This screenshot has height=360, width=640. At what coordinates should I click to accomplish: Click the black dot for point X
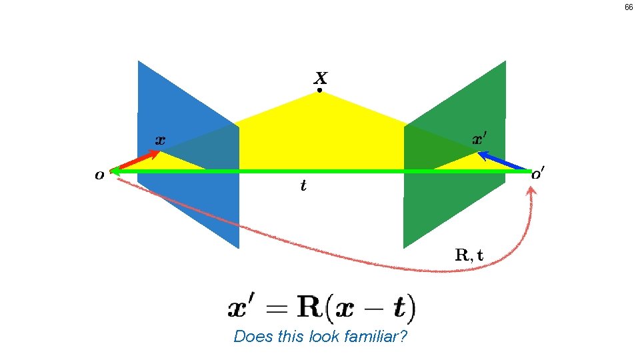319,90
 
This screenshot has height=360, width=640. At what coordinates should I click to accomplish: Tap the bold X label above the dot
320,77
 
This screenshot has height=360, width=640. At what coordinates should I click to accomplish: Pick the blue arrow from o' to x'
503,161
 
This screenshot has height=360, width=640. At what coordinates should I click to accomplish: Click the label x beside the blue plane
160,140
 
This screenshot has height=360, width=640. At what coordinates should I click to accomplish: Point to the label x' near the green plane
480,139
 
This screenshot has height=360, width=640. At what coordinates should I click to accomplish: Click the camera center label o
99,175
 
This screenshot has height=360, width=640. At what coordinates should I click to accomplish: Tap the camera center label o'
537,175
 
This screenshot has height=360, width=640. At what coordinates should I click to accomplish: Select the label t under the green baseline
304,186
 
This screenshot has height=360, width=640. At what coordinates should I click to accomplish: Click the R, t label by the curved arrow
470,254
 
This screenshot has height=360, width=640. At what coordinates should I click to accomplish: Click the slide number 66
628,8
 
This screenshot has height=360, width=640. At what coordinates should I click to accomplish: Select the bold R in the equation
309,308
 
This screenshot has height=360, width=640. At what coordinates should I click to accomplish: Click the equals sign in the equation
277,309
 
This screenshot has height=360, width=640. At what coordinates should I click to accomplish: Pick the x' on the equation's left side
244,309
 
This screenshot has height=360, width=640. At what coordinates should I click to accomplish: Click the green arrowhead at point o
115,171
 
